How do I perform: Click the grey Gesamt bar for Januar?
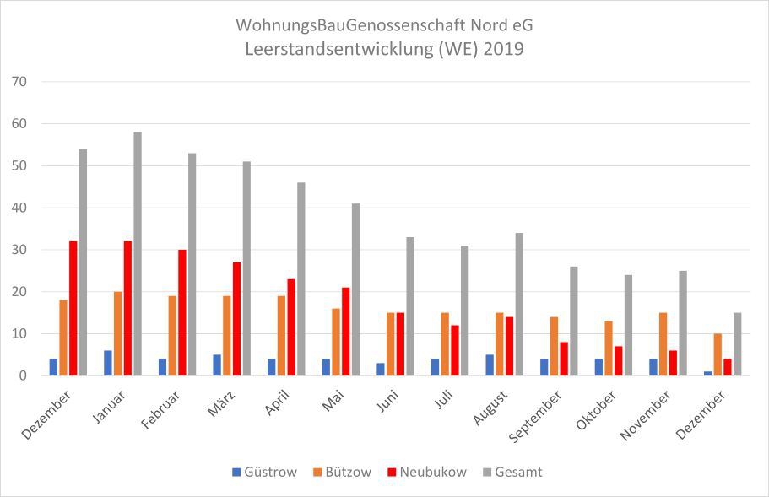click(138, 254)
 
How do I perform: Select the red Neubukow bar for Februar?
click(182, 312)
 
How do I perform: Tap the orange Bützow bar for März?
click(227, 336)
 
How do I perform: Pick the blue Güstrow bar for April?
click(272, 367)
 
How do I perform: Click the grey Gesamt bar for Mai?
click(355, 289)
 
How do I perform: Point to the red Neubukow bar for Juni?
click(400, 344)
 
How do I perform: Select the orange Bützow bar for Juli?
click(445, 344)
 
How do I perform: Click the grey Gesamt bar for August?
click(519, 305)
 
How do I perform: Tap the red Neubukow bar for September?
click(564, 359)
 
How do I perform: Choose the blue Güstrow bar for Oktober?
click(598, 367)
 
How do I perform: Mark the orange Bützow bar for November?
click(663, 344)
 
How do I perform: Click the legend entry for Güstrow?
click(264, 472)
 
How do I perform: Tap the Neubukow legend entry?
click(428, 472)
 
